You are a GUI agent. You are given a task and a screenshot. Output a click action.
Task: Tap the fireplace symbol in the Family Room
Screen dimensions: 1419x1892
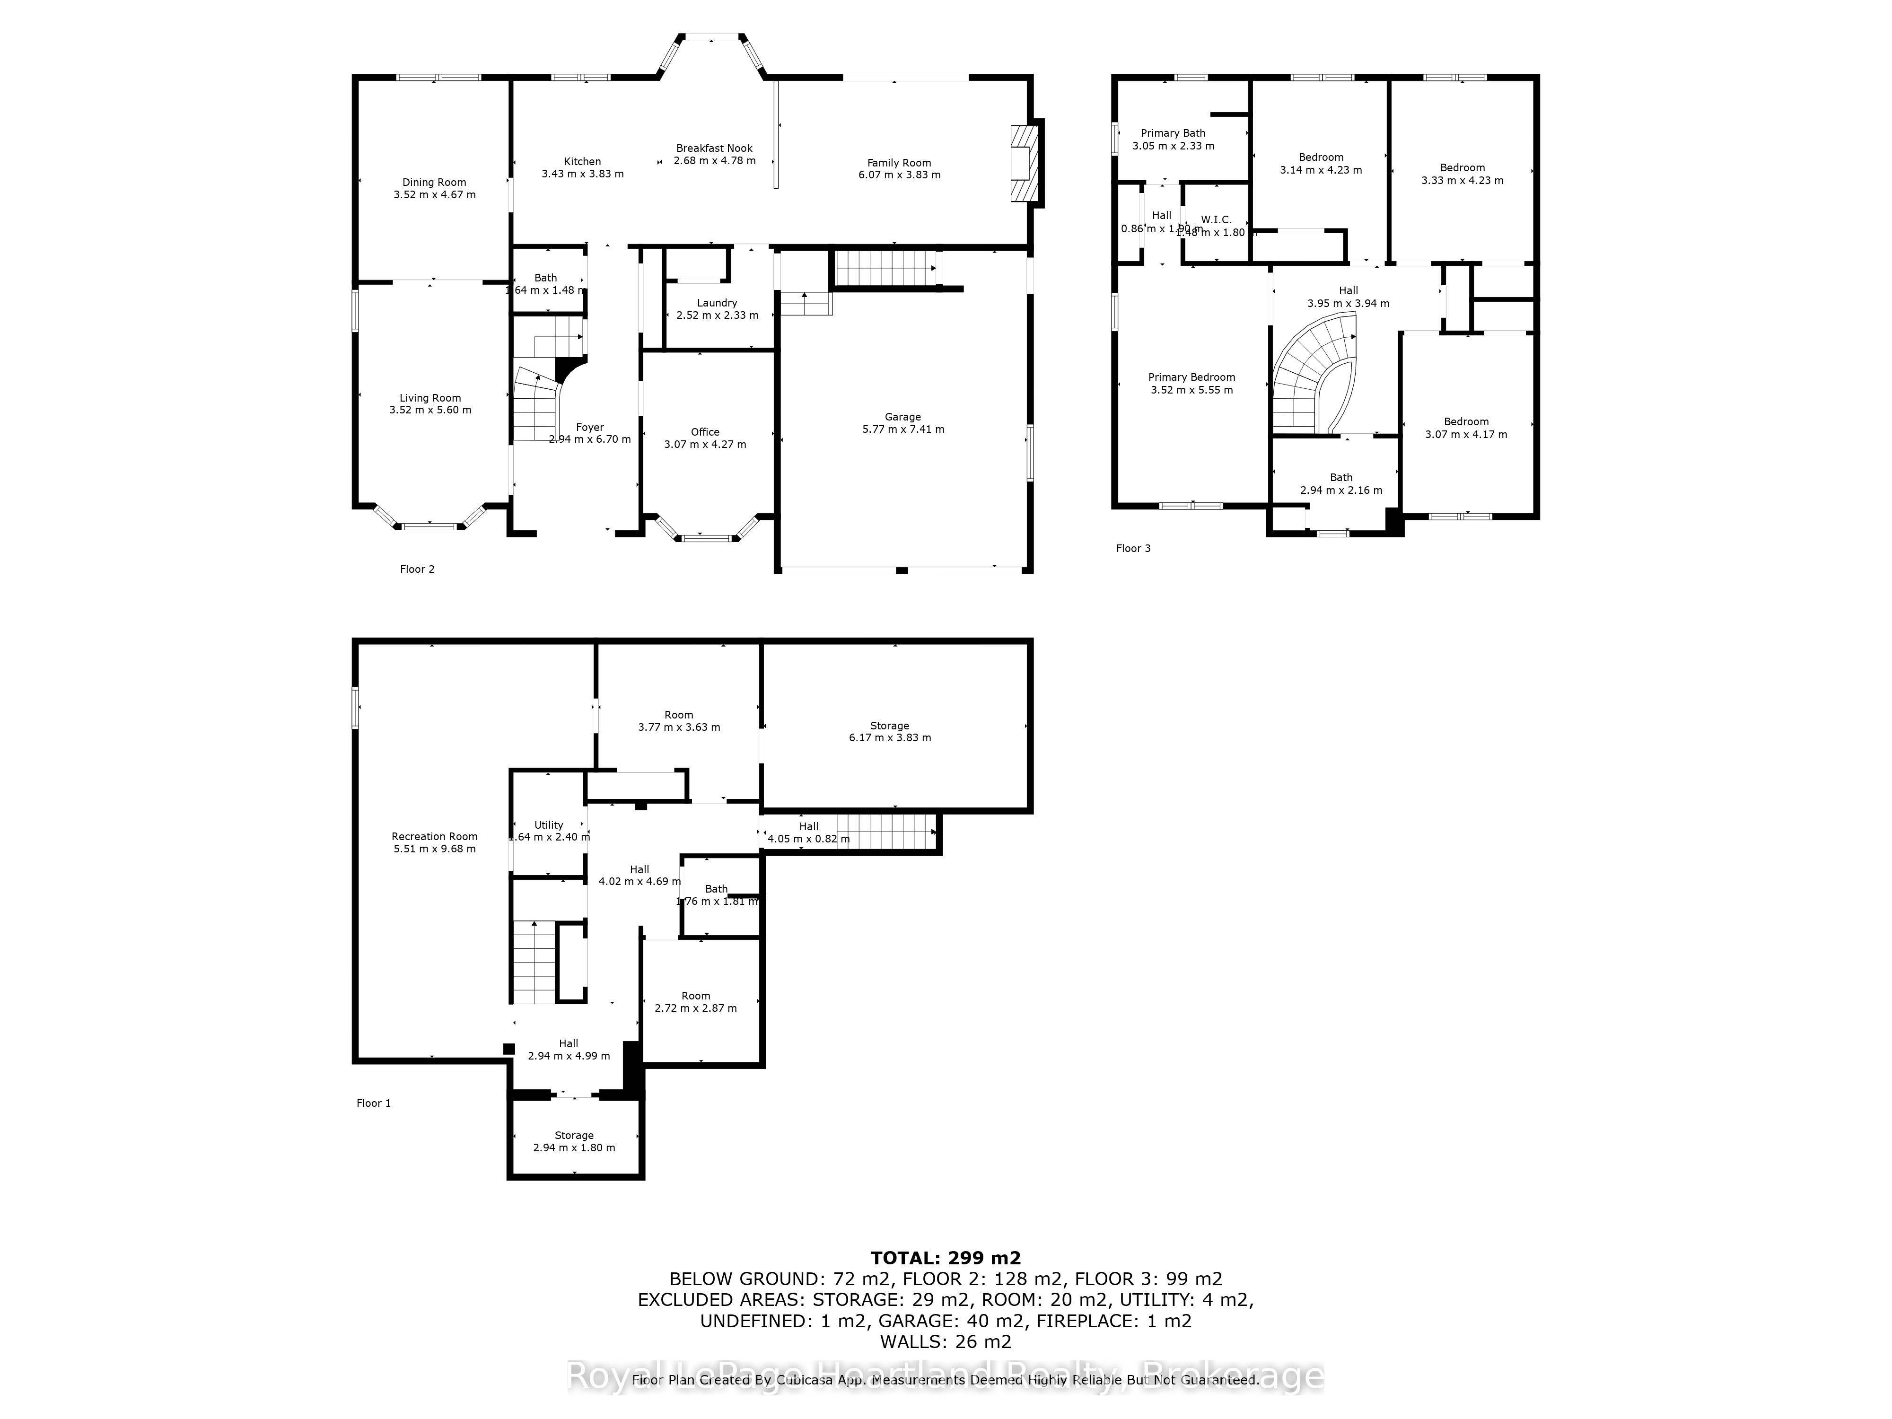1022,163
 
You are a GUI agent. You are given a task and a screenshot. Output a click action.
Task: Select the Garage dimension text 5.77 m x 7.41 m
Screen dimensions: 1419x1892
903,429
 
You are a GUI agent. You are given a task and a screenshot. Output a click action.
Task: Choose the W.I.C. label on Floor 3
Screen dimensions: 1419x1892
1216,220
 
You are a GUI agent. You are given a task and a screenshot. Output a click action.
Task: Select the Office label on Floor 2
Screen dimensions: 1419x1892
705,432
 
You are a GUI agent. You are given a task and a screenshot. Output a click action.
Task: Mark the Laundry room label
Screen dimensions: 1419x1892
717,303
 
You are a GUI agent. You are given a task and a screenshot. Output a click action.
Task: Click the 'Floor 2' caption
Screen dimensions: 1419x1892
417,569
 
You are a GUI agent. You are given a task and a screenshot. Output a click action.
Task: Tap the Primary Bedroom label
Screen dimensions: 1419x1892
1191,377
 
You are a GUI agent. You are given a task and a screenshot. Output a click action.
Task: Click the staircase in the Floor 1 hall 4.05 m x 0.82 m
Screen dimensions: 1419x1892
885,832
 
